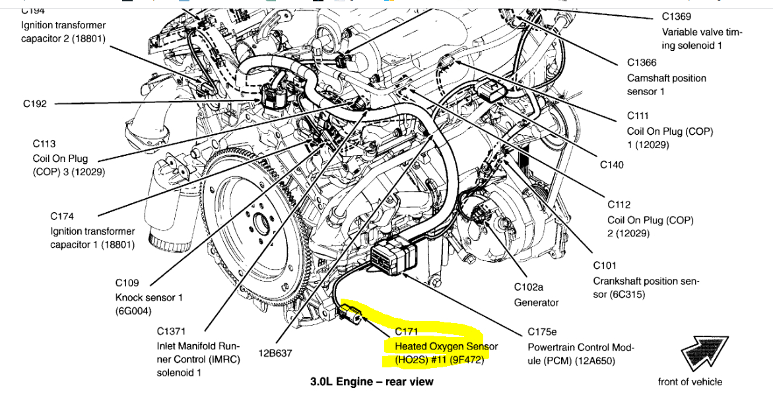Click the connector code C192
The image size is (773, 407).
(x=35, y=103)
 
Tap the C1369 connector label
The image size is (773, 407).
(x=677, y=17)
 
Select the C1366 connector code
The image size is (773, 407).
(x=642, y=63)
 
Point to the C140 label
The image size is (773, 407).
(x=612, y=165)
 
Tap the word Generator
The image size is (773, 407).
(x=536, y=303)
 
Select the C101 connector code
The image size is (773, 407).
(x=605, y=266)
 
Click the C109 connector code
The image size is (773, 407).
(x=128, y=283)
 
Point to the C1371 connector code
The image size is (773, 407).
(x=172, y=331)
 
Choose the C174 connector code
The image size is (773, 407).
(x=62, y=216)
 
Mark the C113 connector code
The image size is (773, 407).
(x=44, y=143)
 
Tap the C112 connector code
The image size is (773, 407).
(x=620, y=205)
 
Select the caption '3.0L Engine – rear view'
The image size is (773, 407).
(x=372, y=382)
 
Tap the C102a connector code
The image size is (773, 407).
(x=528, y=287)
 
